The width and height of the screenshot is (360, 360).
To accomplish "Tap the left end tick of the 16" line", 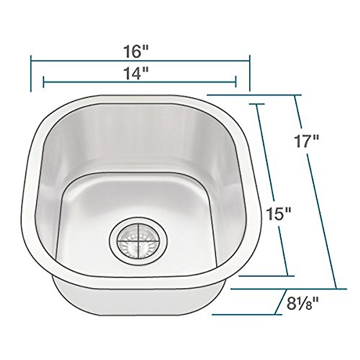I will [x=31, y=73].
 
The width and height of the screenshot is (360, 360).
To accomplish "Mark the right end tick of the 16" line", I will [x=249, y=73].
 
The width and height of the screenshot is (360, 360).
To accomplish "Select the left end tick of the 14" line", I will [x=44, y=81].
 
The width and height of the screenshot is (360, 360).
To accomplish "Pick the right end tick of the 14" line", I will [x=236, y=81].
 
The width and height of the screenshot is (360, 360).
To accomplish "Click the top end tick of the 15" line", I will [x=256, y=104].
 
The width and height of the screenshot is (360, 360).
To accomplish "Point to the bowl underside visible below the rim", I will [x=138, y=300].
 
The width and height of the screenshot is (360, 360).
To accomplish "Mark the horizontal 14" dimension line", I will [x=90, y=81].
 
